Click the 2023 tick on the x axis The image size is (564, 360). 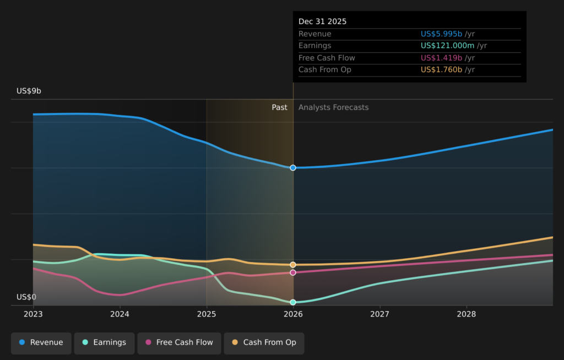click(x=33, y=314)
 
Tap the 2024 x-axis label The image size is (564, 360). click(x=120, y=314)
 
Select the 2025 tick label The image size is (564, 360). click(x=207, y=314)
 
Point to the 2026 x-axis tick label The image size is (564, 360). click(x=293, y=314)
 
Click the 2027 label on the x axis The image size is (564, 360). click(x=379, y=314)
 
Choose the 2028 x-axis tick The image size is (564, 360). click(x=467, y=314)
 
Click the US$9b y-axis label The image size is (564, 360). click(x=29, y=91)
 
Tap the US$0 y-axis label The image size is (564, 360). click(x=26, y=297)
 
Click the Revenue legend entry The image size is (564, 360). click(x=41, y=342)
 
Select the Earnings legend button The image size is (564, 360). click(x=104, y=342)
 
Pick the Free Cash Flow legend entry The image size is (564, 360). click(x=179, y=342)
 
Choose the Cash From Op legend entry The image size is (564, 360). click(x=264, y=342)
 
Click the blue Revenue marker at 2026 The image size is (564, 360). click(x=293, y=167)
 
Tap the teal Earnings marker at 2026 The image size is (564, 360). click(x=293, y=302)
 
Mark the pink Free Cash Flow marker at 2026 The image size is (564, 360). click(x=293, y=272)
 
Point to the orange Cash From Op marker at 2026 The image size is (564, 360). click(x=293, y=265)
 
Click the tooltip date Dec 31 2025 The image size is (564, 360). click(x=322, y=21)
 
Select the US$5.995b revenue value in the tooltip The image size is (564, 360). click(x=441, y=34)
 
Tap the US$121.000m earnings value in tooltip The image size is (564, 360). click(x=447, y=46)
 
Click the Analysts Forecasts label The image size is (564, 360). click(x=333, y=107)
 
